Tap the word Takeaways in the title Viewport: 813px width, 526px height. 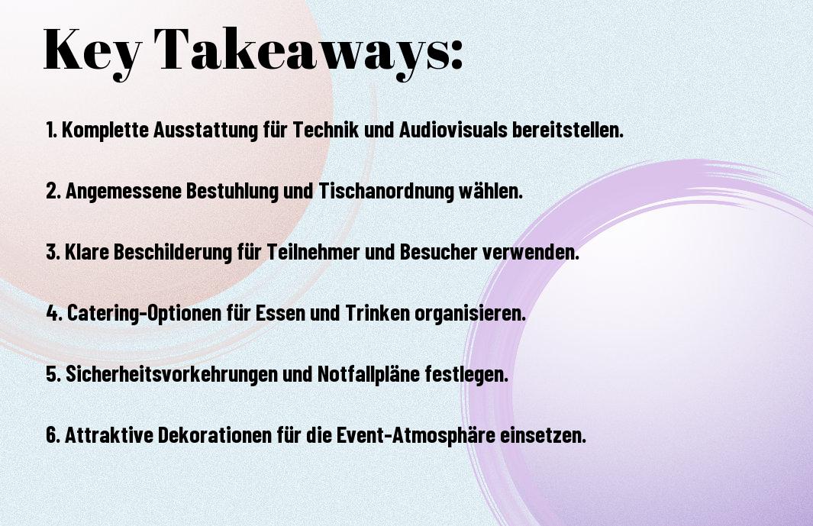(300, 51)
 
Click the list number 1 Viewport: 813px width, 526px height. (51, 130)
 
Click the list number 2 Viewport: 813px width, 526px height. (53, 191)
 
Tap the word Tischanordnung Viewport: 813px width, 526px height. (386, 192)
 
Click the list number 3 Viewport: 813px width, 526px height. (53, 252)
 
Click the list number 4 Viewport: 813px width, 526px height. (53, 313)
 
